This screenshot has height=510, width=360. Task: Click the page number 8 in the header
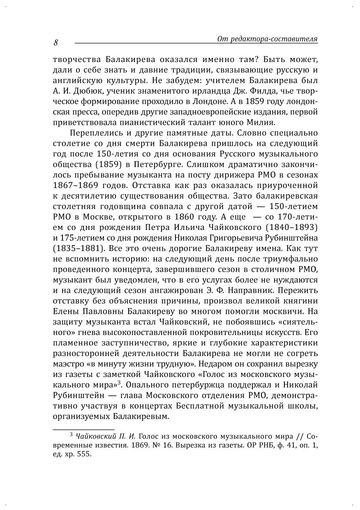click(x=55, y=43)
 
